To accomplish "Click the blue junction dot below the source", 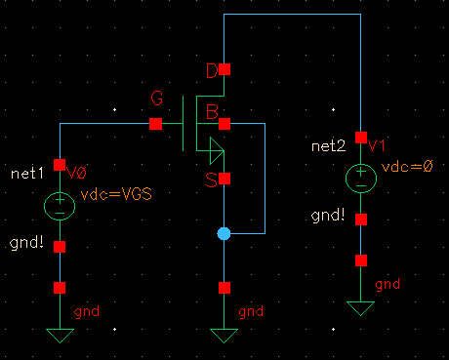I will [x=224, y=234].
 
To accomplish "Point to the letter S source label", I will [x=210, y=179].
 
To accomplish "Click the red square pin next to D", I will [x=224, y=70].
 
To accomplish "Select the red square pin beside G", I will [x=156, y=124].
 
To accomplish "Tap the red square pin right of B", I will [x=224, y=124].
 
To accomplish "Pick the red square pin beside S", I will [x=224, y=180].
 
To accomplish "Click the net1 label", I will [x=28, y=173].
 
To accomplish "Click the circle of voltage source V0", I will [x=60, y=206].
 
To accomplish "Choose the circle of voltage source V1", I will [x=361, y=178].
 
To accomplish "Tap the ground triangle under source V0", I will [x=60, y=337].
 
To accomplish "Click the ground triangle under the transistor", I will [x=224, y=337].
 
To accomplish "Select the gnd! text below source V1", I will [x=328, y=214].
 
